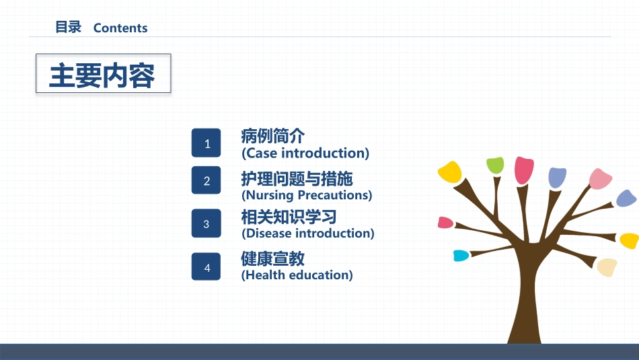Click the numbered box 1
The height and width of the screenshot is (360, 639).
(x=206, y=143)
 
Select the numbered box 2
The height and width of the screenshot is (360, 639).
(x=206, y=180)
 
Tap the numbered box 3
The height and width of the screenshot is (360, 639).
(x=206, y=223)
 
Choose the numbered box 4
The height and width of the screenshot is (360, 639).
(x=206, y=266)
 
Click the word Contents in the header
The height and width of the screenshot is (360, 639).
(x=120, y=28)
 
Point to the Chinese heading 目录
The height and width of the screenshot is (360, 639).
(x=68, y=27)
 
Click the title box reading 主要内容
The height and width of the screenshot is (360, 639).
(x=104, y=73)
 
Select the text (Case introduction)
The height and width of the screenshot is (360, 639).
(x=305, y=153)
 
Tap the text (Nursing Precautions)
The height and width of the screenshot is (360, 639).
(x=307, y=195)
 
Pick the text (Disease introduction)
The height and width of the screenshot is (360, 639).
(x=307, y=233)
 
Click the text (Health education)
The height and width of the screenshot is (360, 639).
(x=297, y=275)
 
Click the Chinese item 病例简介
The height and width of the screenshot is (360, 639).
(x=272, y=136)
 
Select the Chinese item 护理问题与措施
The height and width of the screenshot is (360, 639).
(x=297, y=178)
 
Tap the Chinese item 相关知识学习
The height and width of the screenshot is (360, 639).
(x=289, y=217)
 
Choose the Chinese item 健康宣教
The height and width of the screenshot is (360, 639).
(x=272, y=258)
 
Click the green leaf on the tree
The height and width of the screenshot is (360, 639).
(x=495, y=165)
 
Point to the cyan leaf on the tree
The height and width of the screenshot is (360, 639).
(x=461, y=256)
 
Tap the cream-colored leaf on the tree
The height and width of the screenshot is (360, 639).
(x=607, y=267)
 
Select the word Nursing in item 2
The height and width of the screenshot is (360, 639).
(x=270, y=195)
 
